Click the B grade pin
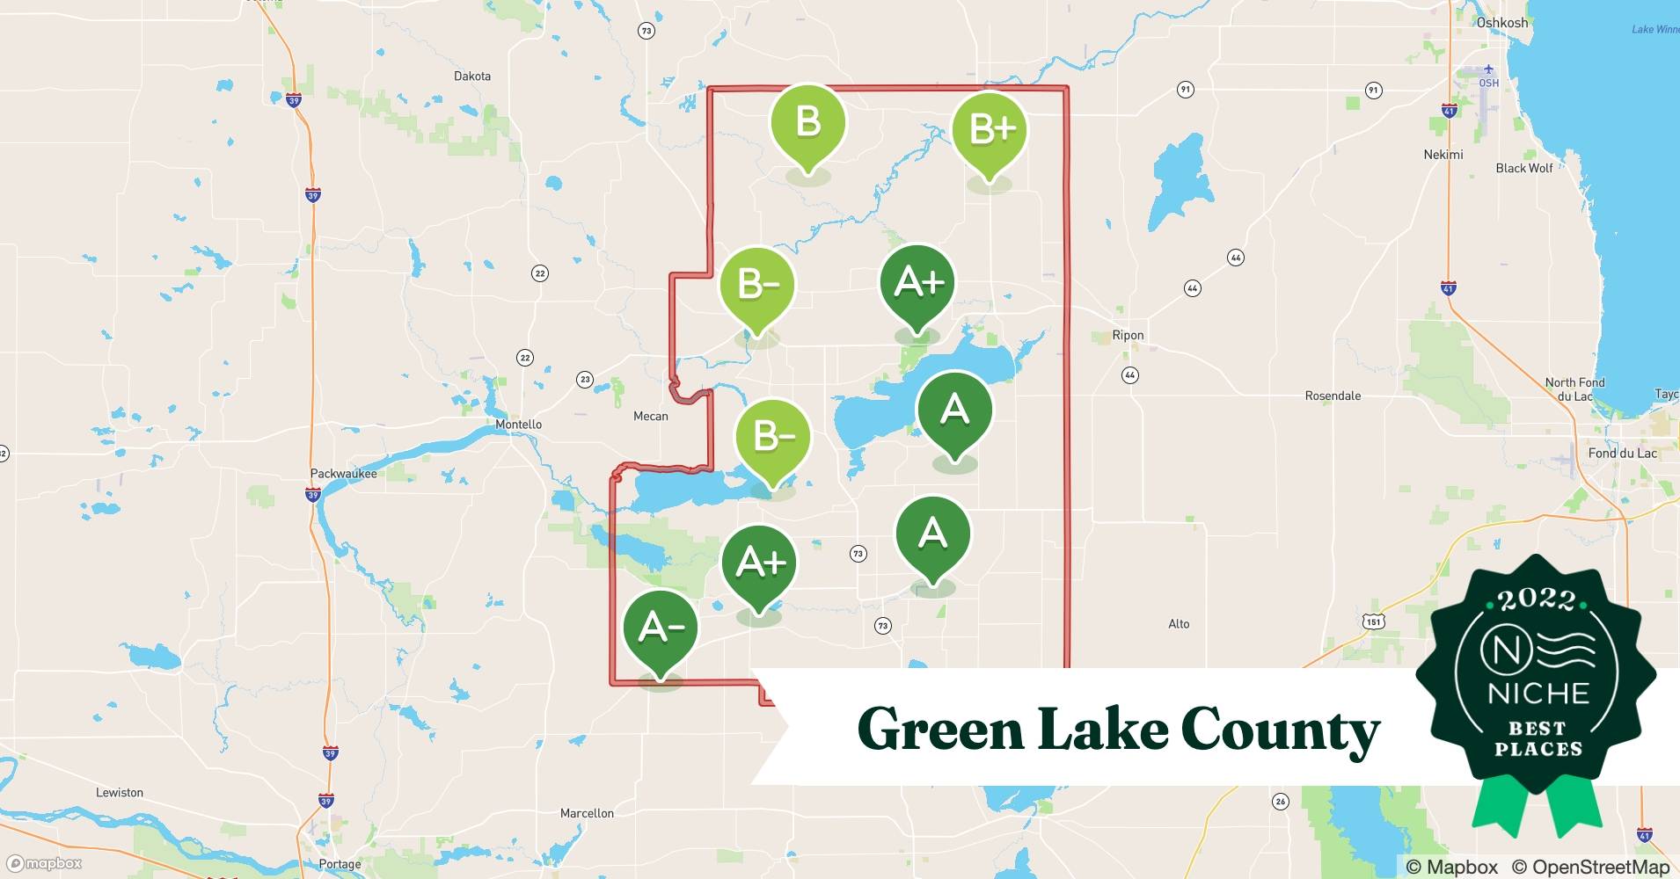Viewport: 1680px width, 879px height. [807, 124]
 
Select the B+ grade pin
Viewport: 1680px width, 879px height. [990, 131]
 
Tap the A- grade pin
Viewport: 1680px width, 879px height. [660, 629]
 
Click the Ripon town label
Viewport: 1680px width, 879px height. [1128, 335]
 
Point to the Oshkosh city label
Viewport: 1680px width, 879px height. [1501, 23]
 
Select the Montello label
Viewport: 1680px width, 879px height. [518, 425]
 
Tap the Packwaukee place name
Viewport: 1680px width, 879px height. [343, 474]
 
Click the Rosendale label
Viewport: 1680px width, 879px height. [1333, 396]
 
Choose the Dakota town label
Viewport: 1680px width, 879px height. [472, 76]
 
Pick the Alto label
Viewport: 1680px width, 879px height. [1179, 624]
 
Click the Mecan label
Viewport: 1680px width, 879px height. [651, 417]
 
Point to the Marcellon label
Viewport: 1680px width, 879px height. [587, 814]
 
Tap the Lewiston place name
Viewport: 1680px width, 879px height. [120, 793]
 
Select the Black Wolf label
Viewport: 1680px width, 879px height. [1524, 168]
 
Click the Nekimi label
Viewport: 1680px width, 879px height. [1443, 155]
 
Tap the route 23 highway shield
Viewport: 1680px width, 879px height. [585, 380]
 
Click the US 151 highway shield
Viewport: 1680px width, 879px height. [1374, 621]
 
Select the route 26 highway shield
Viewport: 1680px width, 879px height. [1281, 801]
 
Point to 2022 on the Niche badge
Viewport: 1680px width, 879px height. [1537, 599]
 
